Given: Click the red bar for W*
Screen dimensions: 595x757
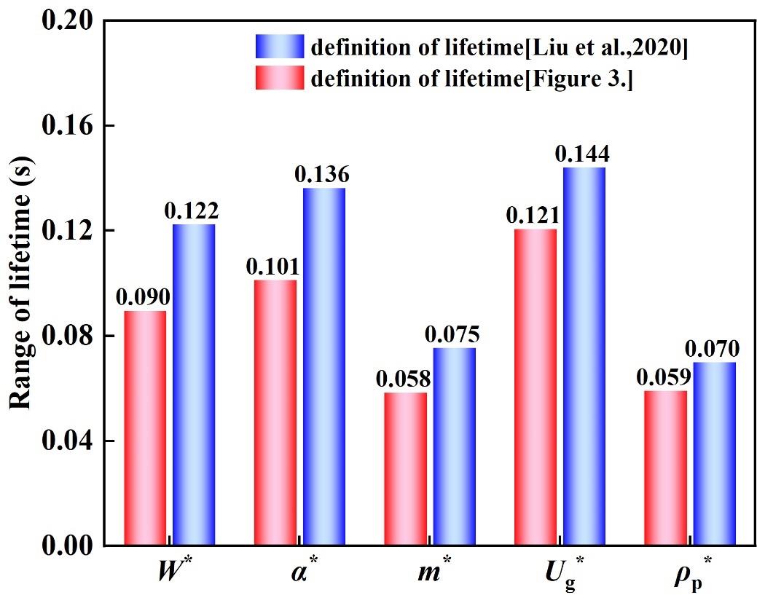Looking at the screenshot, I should point(145,428).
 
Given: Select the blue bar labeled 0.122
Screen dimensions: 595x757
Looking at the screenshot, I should point(194,385).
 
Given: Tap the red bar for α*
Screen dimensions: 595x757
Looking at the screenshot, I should point(275,412).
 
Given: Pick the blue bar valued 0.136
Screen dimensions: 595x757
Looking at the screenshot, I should point(324,366).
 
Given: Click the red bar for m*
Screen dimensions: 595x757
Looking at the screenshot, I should point(405,469).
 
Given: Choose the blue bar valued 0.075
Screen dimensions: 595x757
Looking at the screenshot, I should point(454,446).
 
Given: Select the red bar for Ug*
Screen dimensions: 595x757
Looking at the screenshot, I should point(536,387).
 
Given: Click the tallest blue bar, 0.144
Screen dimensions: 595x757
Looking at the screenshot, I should point(584,356).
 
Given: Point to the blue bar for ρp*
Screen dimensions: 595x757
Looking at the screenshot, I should point(715,454).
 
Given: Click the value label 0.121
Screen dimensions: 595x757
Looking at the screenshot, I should point(534,217).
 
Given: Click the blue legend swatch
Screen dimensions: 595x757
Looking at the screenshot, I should point(279,47).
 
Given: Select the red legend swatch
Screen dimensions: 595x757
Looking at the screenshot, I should point(279,78).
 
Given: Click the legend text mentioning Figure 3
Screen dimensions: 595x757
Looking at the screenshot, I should point(471,78).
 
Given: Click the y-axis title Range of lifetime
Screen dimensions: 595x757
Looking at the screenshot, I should point(21,284).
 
